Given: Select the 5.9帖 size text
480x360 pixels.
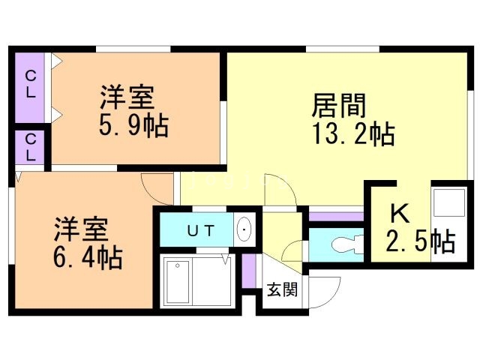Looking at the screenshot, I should pos(133,124).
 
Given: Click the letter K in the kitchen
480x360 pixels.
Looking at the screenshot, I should pos(399,214).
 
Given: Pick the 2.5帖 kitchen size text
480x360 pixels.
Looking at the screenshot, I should pos(420,242).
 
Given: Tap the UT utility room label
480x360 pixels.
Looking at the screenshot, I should pos(199,231).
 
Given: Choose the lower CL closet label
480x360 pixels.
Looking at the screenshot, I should pos(31,148).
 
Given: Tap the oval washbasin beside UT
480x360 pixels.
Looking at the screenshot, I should pos(244,229).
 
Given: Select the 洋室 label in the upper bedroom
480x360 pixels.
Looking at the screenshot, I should pos(127,97).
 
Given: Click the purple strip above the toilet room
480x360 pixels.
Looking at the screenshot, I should pos(335,217).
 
